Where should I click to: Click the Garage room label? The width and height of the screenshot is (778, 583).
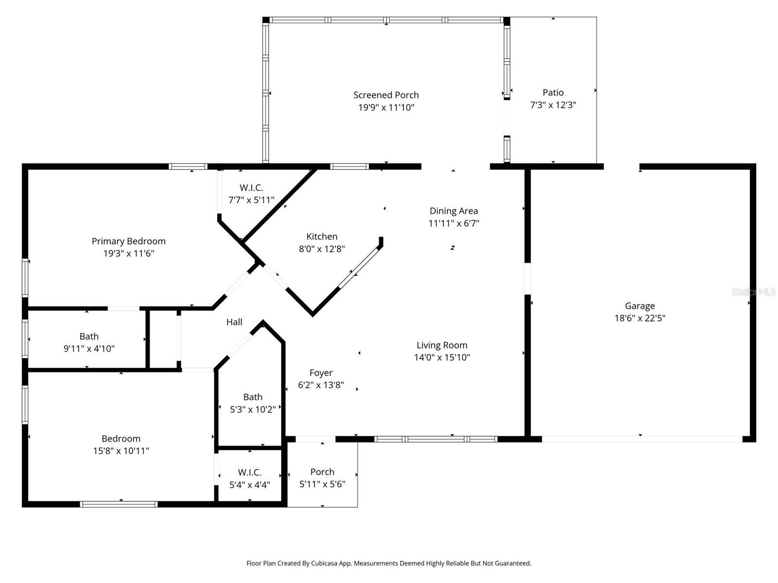click(x=639, y=306)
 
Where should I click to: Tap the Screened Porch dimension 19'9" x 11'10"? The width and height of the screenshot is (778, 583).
click(x=386, y=107)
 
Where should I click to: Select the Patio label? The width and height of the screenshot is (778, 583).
click(x=553, y=92)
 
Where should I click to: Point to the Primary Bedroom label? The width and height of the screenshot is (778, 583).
click(x=128, y=241)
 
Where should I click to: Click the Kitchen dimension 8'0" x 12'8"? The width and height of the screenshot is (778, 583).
click(x=321, y=249)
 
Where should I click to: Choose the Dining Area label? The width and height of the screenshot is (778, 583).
click(x=453, y=211)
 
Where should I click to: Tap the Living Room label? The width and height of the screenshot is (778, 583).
click(x=442, y=345)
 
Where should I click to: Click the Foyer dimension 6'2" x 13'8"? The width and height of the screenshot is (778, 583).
click(x=321, y=385)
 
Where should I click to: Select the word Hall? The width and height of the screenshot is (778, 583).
click(x=234, y=322)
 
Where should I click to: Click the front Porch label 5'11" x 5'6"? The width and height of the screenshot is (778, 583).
click(x=322, y=472)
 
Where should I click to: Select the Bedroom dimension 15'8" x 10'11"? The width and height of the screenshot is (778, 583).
click(x=121, y=451)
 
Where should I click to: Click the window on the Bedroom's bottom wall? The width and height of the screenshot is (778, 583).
click(x=119, y=504)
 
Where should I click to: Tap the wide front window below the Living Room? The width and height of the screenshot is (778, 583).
click(x=436, y=439)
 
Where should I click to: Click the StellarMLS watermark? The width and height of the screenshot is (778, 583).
click(x=753, y=291)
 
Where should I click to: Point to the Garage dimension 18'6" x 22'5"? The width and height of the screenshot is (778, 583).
click(x=639, y=318)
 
